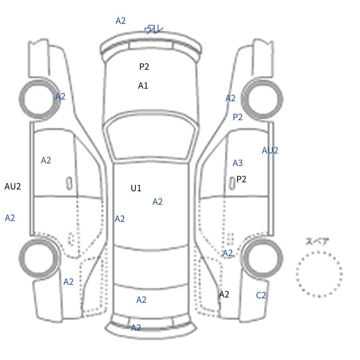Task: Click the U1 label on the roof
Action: [136, 188]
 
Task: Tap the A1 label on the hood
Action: [143, 85]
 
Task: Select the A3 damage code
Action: [238, 163]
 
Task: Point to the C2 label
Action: [261, 295]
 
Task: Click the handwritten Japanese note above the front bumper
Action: [154, 29]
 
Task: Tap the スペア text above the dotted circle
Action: [314, 242]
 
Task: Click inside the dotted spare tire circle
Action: [319, 274]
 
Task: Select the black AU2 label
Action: [13, 186]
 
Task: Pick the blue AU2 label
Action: [270, 151]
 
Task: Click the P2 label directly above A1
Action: [144, 67]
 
